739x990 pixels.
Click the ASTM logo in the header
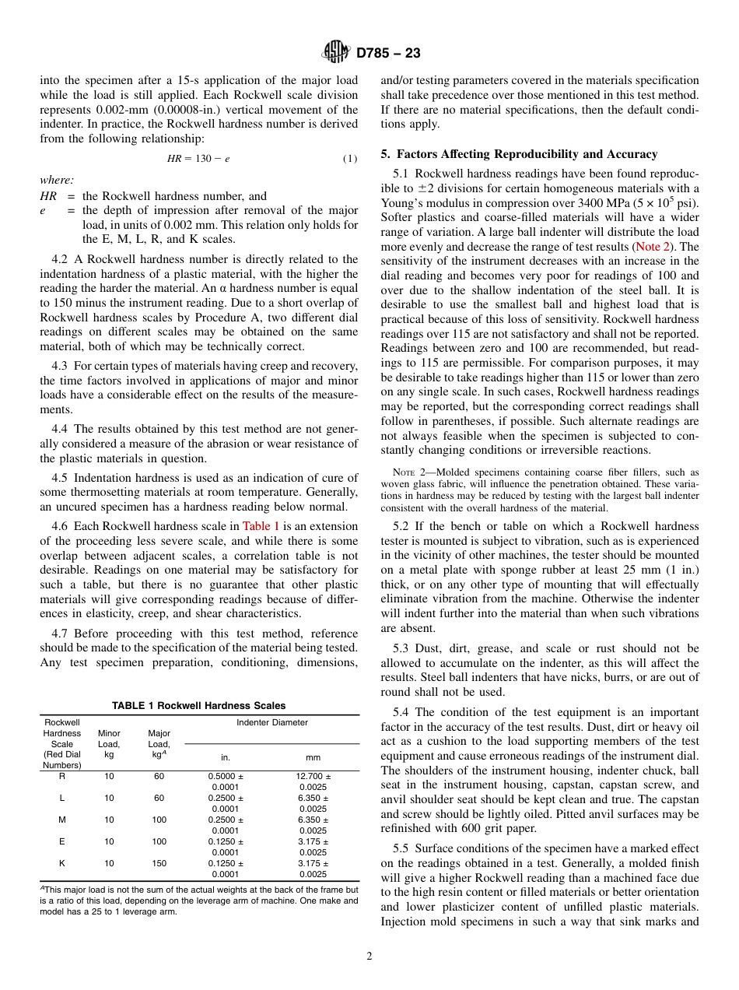click(x=336, y=53)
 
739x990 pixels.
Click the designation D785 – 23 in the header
click(x=388, y=53)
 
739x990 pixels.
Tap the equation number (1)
click(x=350, y=159)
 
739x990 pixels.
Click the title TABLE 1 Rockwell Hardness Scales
click(x=198, y=706)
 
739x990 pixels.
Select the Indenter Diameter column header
click(x=271, y=722)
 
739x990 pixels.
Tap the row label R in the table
click(x=62, y=776)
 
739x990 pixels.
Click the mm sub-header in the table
click(x=313, y=757)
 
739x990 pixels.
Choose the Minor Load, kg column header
click(x=109, y=743)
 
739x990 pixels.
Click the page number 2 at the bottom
click(x=369, y=957)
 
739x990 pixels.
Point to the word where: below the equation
click(x=57, y=180)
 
